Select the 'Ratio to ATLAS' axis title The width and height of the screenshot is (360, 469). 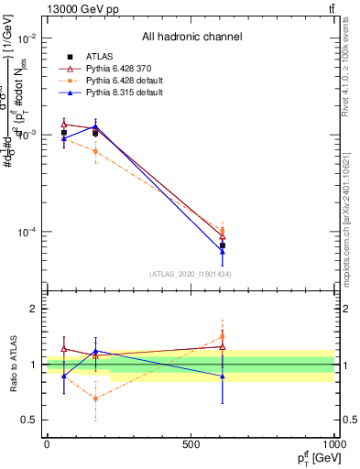pyautogui.click(x=13, y=364)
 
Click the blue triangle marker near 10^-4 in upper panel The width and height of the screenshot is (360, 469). pyautogui.click(x=223, y=251)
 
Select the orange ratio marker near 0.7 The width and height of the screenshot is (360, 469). pyautogui.click(x=95, y=398)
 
